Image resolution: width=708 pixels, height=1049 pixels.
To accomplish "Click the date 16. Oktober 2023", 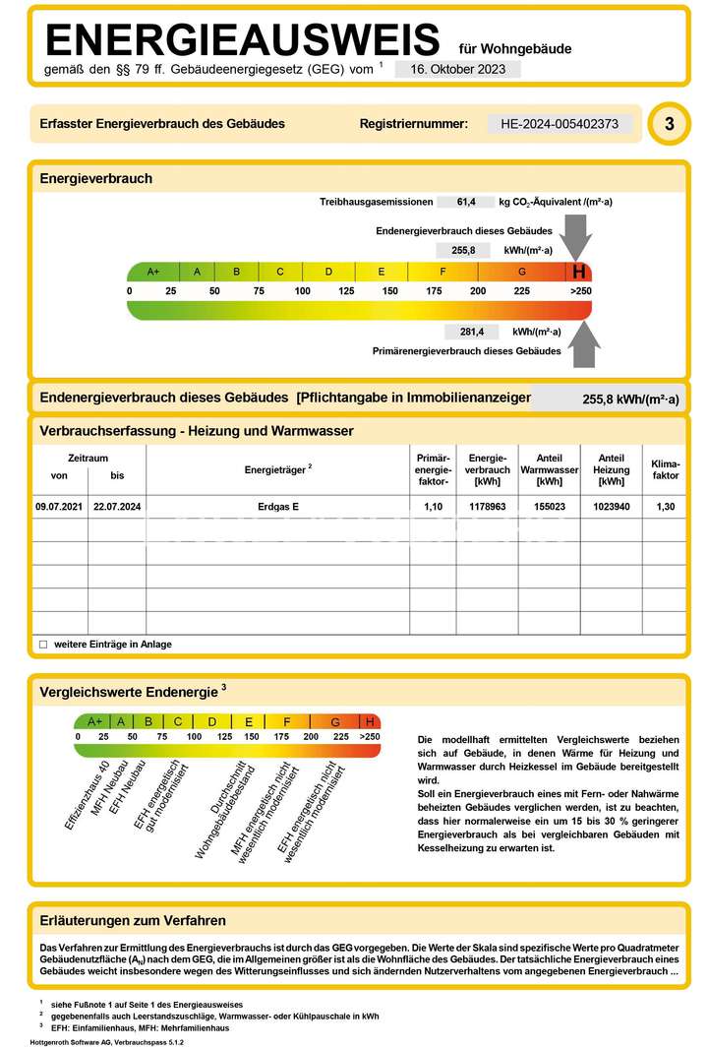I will (457, 69).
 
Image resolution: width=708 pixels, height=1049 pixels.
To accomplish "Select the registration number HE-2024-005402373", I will (560, 124).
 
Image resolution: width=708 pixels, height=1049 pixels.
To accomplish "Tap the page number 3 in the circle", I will (670, 124).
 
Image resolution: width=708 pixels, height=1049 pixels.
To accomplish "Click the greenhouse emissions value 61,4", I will (467, 202).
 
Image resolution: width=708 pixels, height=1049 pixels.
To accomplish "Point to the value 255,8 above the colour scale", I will (463, 250).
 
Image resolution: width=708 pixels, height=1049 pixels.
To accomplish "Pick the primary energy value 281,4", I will (473, 332).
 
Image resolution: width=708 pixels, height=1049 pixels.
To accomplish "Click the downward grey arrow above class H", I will (578, 238).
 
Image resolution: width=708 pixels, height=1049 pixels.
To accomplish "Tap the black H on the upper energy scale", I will (579, 272).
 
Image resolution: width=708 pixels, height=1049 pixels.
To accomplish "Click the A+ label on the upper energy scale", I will (153, 272).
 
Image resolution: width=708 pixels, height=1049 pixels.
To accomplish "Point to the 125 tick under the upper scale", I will (346, 290).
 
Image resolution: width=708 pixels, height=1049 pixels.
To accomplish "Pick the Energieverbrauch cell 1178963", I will (487, 506).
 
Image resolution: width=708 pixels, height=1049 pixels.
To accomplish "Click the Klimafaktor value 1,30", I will (666, 506).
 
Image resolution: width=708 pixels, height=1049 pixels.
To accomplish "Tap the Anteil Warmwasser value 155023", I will (550, 506).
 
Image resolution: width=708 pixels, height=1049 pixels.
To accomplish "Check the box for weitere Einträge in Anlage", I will (42, 645).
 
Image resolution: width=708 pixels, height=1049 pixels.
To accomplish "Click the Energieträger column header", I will (278, 469).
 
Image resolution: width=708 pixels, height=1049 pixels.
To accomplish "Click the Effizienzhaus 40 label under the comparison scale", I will (87, 796).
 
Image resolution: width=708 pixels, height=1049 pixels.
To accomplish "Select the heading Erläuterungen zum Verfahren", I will (133, 921).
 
